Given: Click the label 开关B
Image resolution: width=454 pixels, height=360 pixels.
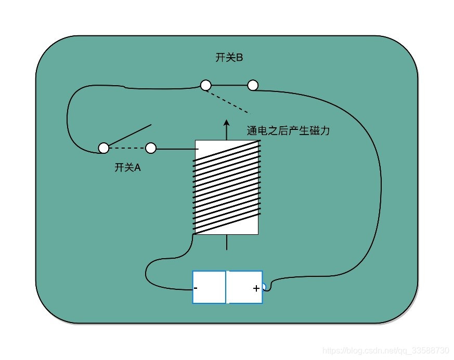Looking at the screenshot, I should point(229,58).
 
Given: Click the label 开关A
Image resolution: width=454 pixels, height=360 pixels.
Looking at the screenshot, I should point(127,167).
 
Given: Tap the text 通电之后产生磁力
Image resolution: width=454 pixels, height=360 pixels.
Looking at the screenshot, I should point(288,131).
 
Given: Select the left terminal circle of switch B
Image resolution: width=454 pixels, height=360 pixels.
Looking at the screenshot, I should point(206,85).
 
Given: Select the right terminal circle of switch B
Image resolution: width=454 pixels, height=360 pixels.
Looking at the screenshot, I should point(253,85).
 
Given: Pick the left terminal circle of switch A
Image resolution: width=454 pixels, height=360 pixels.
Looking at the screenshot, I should point(103,148).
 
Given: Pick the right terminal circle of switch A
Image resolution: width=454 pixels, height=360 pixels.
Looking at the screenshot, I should point(151,149).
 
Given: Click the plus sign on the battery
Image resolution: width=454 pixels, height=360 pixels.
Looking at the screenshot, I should point(256,288).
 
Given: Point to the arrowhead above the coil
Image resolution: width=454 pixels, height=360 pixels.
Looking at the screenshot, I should point(226,123).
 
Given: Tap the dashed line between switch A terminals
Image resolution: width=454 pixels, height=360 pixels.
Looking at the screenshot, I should point(127,149).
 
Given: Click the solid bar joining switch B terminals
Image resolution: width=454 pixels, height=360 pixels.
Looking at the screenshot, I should point(229,85).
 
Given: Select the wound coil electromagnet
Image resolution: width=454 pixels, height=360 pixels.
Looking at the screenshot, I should point(227,187).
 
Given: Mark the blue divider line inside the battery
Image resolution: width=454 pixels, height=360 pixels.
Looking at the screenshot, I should point(226,287).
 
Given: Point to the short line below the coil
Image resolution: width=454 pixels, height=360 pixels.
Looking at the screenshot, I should point(226,242).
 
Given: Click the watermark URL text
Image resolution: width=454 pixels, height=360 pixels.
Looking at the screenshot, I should point(386,350).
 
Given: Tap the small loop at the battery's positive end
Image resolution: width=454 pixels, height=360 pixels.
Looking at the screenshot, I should point(264,286).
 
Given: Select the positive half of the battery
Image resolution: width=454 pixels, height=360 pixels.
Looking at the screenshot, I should point(244,287).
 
